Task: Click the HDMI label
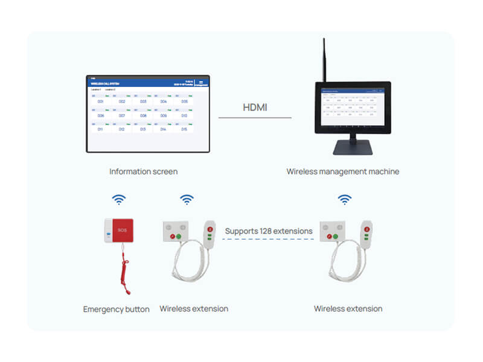(254, 108)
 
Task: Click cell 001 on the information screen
(100, 101)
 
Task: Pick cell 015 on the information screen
(184, 129)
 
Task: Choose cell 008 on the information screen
(142, 115)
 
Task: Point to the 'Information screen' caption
(143, 172)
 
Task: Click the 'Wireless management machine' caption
(342, 172)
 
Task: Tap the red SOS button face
(121, 230)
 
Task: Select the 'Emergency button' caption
(116, 309)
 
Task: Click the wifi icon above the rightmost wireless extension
(344, 199)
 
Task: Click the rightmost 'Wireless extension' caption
(348, 309)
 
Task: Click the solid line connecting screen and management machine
(254, 118)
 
